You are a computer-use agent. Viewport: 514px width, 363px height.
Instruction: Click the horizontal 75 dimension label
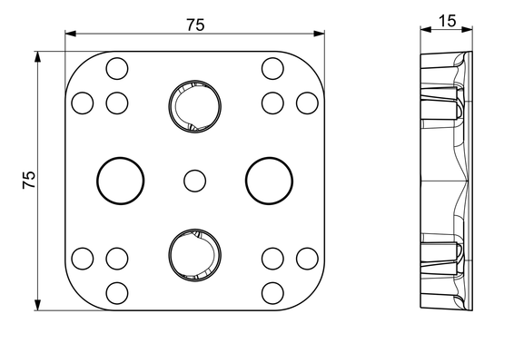pos(195,25)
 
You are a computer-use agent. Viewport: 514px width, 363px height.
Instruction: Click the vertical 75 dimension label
pos(29,180)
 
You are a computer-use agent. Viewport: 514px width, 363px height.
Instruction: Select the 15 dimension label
pos(447,21)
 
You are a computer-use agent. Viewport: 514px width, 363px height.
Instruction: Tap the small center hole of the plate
pos(194,181)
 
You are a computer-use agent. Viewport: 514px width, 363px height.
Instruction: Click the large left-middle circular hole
pos(120,181)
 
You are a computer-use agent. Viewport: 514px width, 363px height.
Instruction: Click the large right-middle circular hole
pos(269,181)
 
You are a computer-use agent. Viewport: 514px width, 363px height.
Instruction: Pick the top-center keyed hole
pos(194,106)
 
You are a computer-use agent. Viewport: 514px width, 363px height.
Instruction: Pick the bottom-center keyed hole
pos(194,255)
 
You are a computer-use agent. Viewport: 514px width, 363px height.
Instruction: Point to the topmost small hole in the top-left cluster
pos(117,68)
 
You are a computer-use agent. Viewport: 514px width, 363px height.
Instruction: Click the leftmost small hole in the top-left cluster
pos(83,103)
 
